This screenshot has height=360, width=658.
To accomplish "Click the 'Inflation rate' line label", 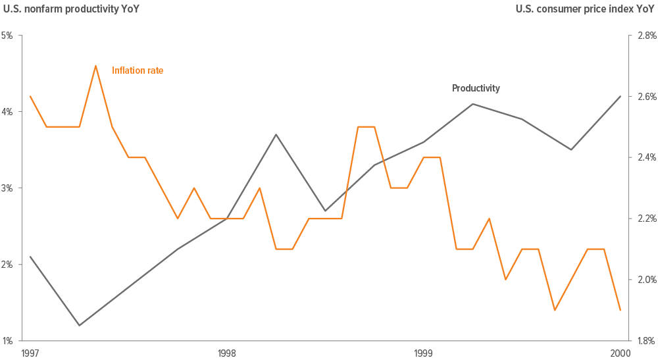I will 137,70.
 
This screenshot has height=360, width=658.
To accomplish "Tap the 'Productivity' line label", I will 476,88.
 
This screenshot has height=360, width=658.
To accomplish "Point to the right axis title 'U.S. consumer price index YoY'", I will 585,9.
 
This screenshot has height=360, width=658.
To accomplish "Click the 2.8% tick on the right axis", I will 645,36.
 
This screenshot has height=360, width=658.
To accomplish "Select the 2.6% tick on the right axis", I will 645,97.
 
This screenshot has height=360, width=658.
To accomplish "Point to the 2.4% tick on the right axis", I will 645,157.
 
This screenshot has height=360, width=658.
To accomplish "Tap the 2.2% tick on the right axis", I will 645,219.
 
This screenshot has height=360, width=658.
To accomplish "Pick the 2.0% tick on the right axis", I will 645,280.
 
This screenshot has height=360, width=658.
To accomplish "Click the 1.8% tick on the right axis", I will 645,341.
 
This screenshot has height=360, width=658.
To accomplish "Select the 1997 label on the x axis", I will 30,353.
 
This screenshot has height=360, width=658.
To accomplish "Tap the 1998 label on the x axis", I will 226,353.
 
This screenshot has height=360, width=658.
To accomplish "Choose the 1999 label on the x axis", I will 423,353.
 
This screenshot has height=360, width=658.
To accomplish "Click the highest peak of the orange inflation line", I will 96,66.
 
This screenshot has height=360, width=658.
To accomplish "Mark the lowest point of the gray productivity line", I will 80,325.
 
